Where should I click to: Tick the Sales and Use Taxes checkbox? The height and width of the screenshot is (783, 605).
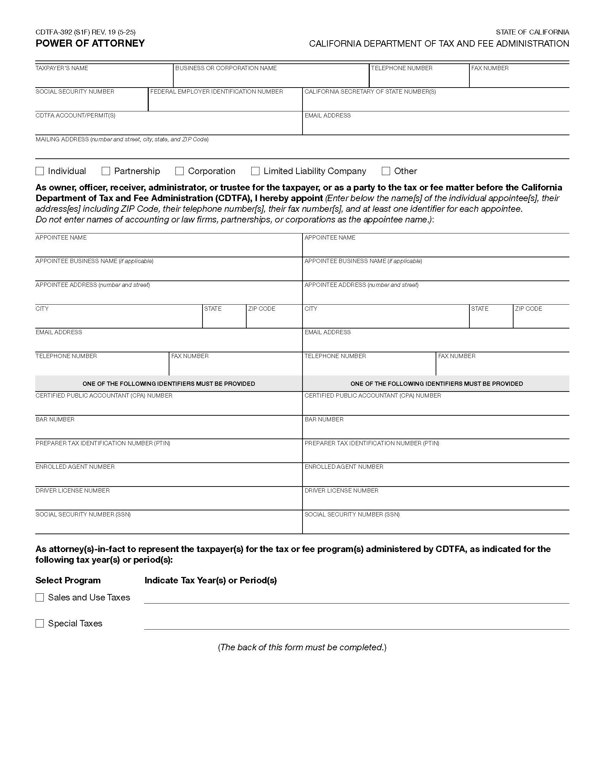coord(40,597)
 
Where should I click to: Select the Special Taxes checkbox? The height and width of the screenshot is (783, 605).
coord(40,624)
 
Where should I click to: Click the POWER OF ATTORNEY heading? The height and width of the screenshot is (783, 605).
coord(90,43)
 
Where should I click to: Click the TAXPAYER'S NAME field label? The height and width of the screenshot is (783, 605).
coord(62,68)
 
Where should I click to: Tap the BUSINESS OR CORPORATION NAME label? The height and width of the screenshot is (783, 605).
coord(226,68)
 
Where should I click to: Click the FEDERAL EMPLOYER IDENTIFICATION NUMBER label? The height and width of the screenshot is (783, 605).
coord(216,92)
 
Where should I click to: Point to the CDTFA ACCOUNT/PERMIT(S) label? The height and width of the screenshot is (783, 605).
coord(75,115)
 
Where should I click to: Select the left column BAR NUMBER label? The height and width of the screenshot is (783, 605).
coord(55,420)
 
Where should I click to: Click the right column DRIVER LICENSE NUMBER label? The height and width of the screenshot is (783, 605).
coord(341,490)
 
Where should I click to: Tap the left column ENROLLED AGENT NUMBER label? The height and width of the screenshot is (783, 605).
coord(75,467)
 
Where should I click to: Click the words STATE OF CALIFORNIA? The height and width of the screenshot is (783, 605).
coord(532,32)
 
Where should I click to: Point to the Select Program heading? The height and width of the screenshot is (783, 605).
coord(68,580)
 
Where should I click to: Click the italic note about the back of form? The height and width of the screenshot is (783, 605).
coord(302,647)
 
